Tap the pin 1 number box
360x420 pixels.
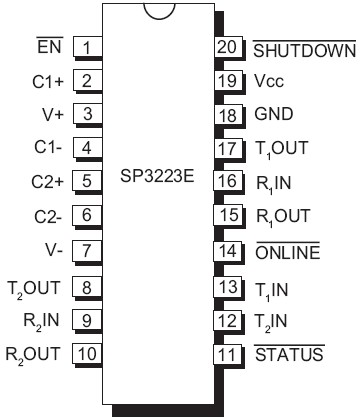[x=88, y=47]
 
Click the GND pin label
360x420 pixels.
[x=273, y=115]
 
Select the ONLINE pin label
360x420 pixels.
[x=288, y=251]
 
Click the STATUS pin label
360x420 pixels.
[x=288, y=353]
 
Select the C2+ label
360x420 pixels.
[x=47, y=182]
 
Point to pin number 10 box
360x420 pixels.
[x=88, y=353]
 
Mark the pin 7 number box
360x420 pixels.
[x=88, y=250]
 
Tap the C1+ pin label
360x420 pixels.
[x=47, y=81]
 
